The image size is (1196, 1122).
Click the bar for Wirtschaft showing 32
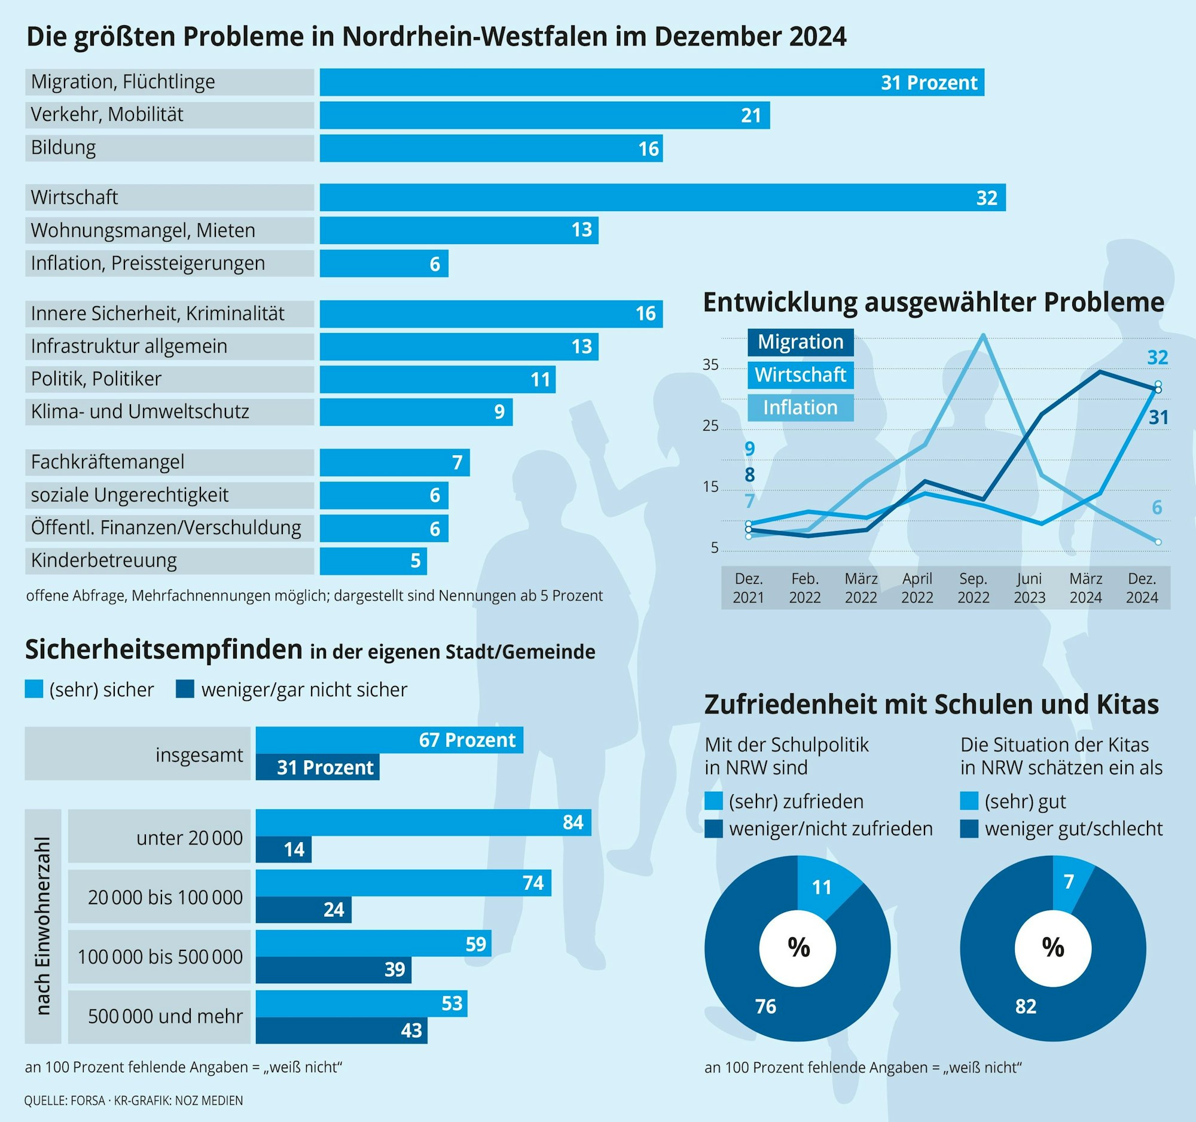tap(662, 197)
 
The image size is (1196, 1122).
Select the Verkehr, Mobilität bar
tap(544, 115)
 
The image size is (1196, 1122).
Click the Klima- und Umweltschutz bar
tap(415, 412)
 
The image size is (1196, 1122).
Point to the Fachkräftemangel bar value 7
tap(457, 463)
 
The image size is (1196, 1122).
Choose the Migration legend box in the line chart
tap(800, 342)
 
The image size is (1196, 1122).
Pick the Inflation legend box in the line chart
tap(800, 408)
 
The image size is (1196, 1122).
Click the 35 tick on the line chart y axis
tap(710, 365)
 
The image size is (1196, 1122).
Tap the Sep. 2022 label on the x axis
tap(973, 588)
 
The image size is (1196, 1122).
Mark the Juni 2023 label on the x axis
tap(1029, 588)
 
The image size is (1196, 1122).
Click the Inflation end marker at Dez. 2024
tap(1158, 542)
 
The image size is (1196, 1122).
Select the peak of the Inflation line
tap(983, 335)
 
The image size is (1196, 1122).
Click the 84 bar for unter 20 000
tap(423, 822)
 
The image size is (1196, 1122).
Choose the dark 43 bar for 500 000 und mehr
tap(341, 1030)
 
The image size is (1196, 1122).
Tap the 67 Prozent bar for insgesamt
tap(389, 740)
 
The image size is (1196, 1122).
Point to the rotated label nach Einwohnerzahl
tap(42, 926)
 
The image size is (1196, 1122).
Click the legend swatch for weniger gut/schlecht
tap(969, 829)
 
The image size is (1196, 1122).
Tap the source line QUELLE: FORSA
tap(133, 1100)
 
